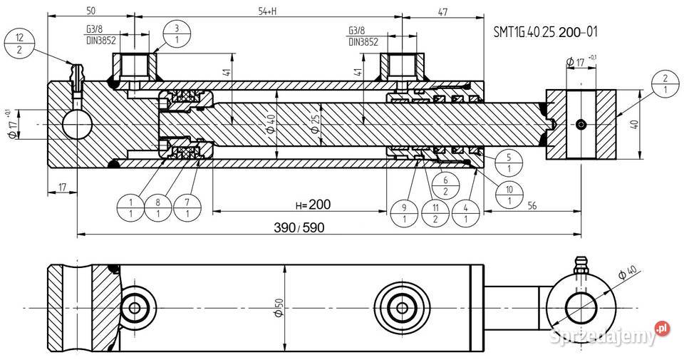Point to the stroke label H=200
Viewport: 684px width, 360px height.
[x=313, y=205]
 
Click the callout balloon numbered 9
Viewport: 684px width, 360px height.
[x=404, y=213]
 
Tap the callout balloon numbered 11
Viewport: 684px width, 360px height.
[x=435, y=213]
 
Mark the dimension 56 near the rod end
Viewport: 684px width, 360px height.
[x=533, y=205]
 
